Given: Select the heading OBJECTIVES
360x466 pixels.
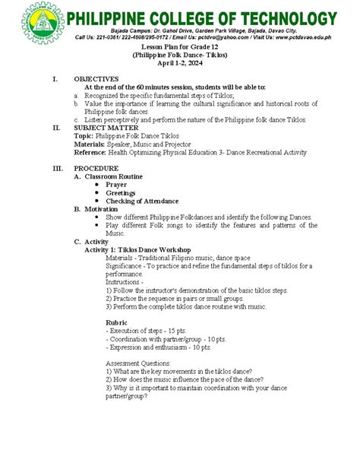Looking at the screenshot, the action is [x=96, y=79].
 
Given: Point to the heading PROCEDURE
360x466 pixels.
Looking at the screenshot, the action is [x=96, y=168].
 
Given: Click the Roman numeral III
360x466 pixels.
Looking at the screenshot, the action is [x=55, y=168].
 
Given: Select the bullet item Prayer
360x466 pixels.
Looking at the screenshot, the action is [x=116, y=184].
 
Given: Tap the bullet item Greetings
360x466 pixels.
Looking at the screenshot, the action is [x=121, y=192].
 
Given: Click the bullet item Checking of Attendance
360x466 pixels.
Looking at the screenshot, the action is [x=142, y=201].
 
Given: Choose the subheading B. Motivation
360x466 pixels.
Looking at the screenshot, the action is [x=96, y=208].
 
